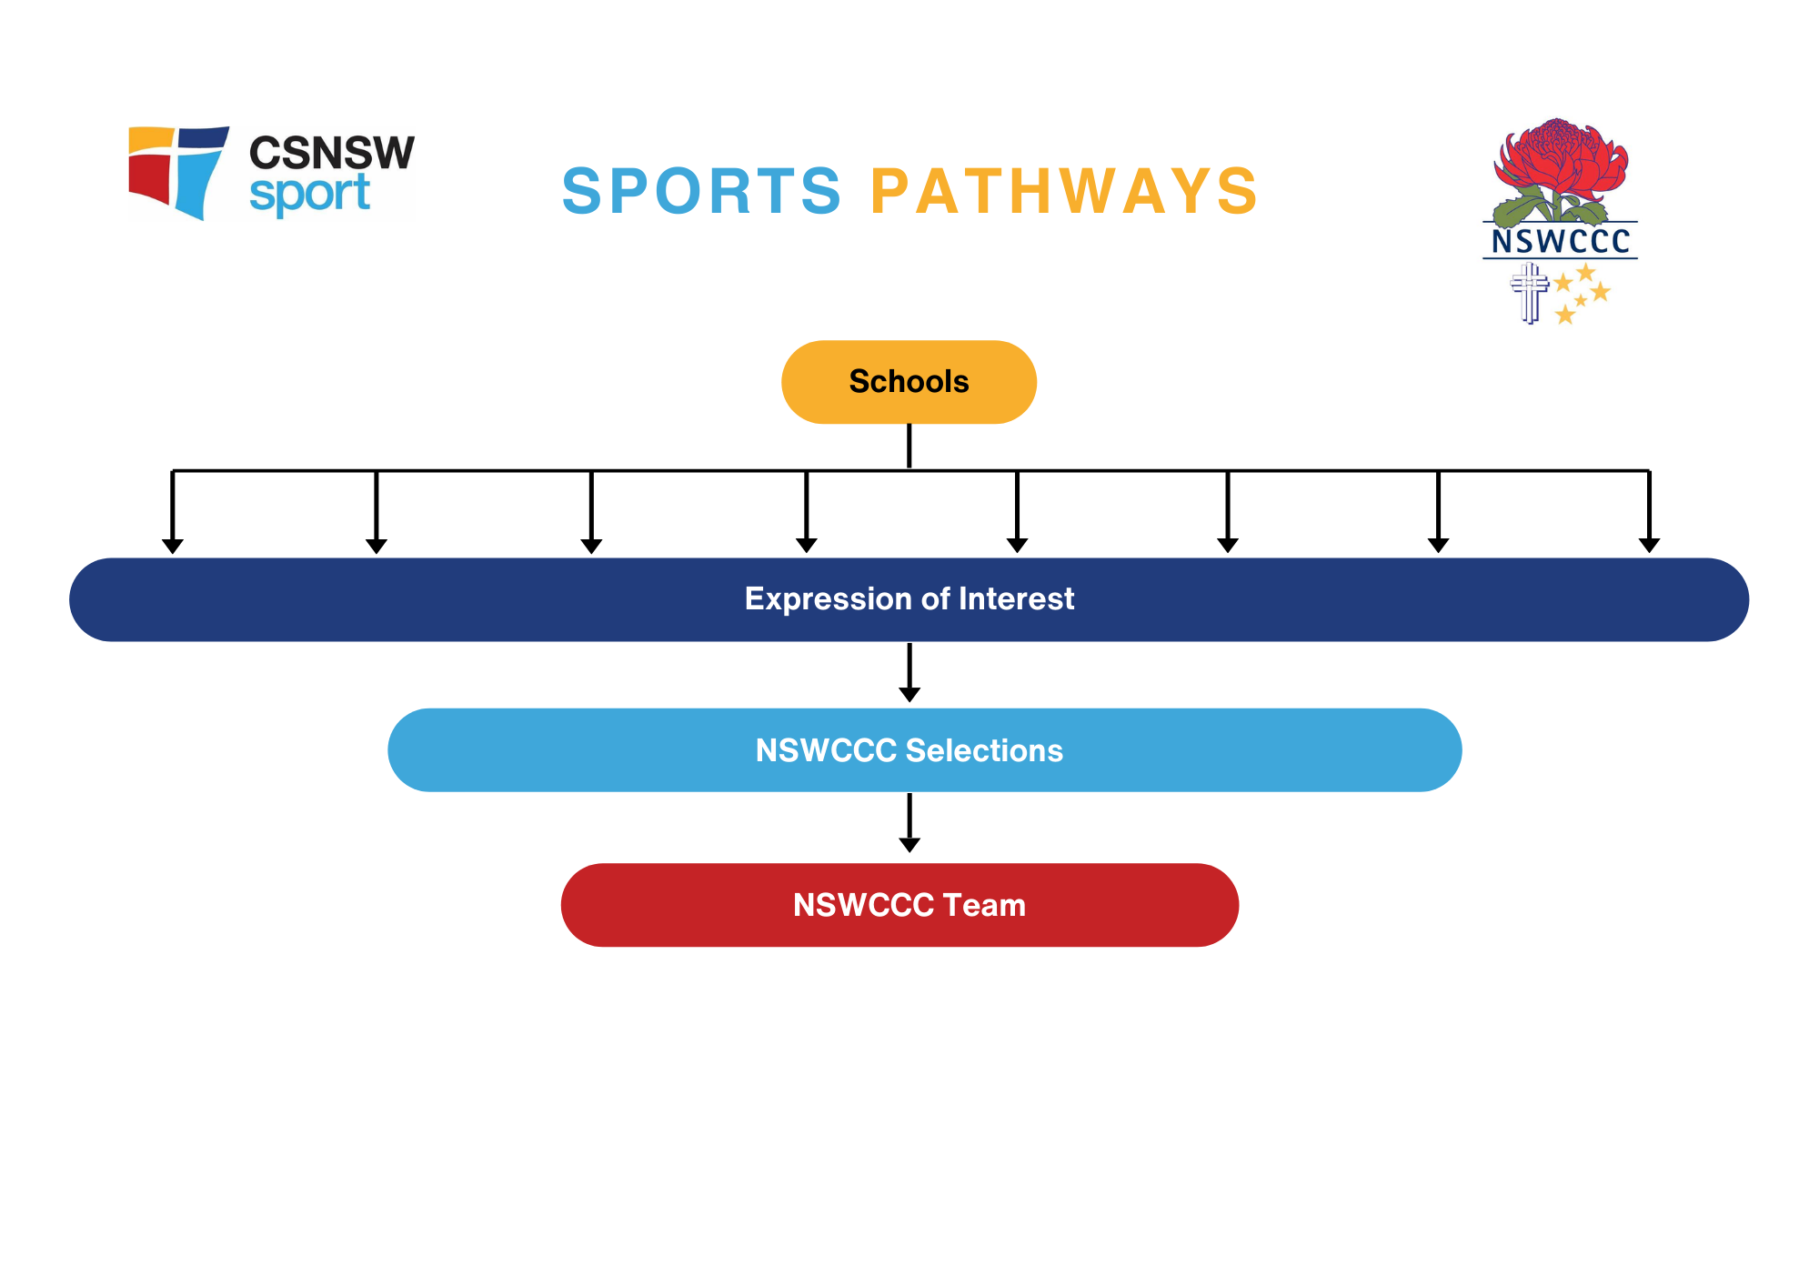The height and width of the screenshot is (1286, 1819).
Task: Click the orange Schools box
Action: pyautogui.click(x=909, y=382)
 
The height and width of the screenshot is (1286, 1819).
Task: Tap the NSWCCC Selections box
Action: pyautogui.click(x=924, y=750)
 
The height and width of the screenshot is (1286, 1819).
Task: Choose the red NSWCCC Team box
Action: pyautogui.click(x=899, y=905)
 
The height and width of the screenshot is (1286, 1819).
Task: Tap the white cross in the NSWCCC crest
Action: pyautogui.click(x=1530, y=293)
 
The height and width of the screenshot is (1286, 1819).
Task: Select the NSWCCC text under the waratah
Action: pyautogui.click(x=1561, y=241)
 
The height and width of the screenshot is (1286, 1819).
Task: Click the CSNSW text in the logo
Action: pyautogui.click(x=331, y=153)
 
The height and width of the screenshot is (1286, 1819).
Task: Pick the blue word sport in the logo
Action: pyautogui.click(x=309, y=194)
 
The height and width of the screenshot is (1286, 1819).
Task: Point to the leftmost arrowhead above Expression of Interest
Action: pyautogui.click(x=173, y=546)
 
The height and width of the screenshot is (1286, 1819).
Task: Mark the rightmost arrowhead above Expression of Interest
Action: pyautogui.click(x=1649, y=546)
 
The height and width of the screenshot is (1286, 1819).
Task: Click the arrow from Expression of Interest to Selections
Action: pyautogui.click(x=909, y=673)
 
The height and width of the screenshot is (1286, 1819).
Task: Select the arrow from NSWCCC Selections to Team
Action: pyautogui.click(x=909, y=823)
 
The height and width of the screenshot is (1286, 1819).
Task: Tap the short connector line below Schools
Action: pyautogui.click(x=909, y=446)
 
